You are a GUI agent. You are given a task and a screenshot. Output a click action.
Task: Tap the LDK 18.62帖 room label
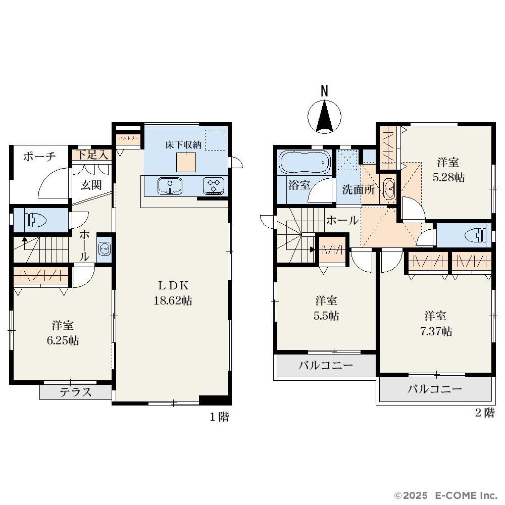point(173,293)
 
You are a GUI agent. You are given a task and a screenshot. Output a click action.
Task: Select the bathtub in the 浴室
point(305,162)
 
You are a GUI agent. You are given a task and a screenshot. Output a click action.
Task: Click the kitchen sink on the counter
point(170,186)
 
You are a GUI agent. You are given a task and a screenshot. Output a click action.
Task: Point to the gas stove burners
point(214,186)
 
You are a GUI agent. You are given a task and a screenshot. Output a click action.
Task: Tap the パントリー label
point(128,138)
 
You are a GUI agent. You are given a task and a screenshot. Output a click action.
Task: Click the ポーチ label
point(39,157)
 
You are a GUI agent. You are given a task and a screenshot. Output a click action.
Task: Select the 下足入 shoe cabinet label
point(92,155)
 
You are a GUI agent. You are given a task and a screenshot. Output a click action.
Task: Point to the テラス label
point(76,392)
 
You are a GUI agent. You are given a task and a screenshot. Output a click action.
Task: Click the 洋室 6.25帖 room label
point(63,333)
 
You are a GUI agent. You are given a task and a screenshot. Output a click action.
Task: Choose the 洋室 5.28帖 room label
point(448,170)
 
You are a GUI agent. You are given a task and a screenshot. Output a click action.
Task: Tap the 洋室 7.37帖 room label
point(436,323)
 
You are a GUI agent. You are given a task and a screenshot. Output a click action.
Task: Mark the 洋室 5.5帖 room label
point(326,308)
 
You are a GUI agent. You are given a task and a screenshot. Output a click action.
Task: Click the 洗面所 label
point(358,189)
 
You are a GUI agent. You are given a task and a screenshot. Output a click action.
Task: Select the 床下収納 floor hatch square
point(186,162)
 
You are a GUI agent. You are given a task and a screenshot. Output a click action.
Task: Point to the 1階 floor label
point(220,417)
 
